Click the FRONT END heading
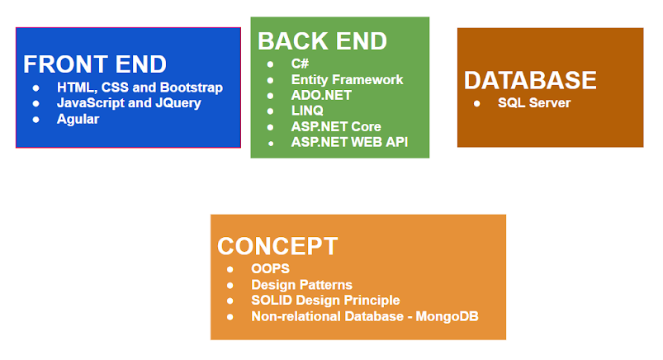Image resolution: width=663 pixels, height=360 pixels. coord(95,64)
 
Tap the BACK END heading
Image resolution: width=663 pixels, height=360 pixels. coord(322,41)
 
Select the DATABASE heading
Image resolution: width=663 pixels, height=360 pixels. coord(530,80)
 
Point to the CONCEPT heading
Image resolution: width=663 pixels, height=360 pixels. coord(277,246)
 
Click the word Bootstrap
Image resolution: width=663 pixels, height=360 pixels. coord(192,88)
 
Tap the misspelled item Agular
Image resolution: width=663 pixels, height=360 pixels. coord(78,119)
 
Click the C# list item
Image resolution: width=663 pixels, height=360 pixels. coord(300,64)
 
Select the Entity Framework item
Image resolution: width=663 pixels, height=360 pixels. coord(347,79)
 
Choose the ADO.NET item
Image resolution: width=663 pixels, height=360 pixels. coord(321,95)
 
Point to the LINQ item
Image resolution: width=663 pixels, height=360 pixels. coord(307,111)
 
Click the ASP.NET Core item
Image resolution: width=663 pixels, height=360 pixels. coord(336,126)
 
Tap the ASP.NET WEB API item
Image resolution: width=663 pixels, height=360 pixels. coord(350,142)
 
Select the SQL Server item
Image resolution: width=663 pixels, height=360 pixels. coord(534,102)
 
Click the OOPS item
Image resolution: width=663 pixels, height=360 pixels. coord(270,268)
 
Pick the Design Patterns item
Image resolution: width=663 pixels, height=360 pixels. coord(301,285)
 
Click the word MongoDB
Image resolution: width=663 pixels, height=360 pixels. coord(447,316)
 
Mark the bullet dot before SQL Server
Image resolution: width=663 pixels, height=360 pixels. coord(477,104)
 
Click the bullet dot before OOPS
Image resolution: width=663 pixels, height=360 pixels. coord(230,269)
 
